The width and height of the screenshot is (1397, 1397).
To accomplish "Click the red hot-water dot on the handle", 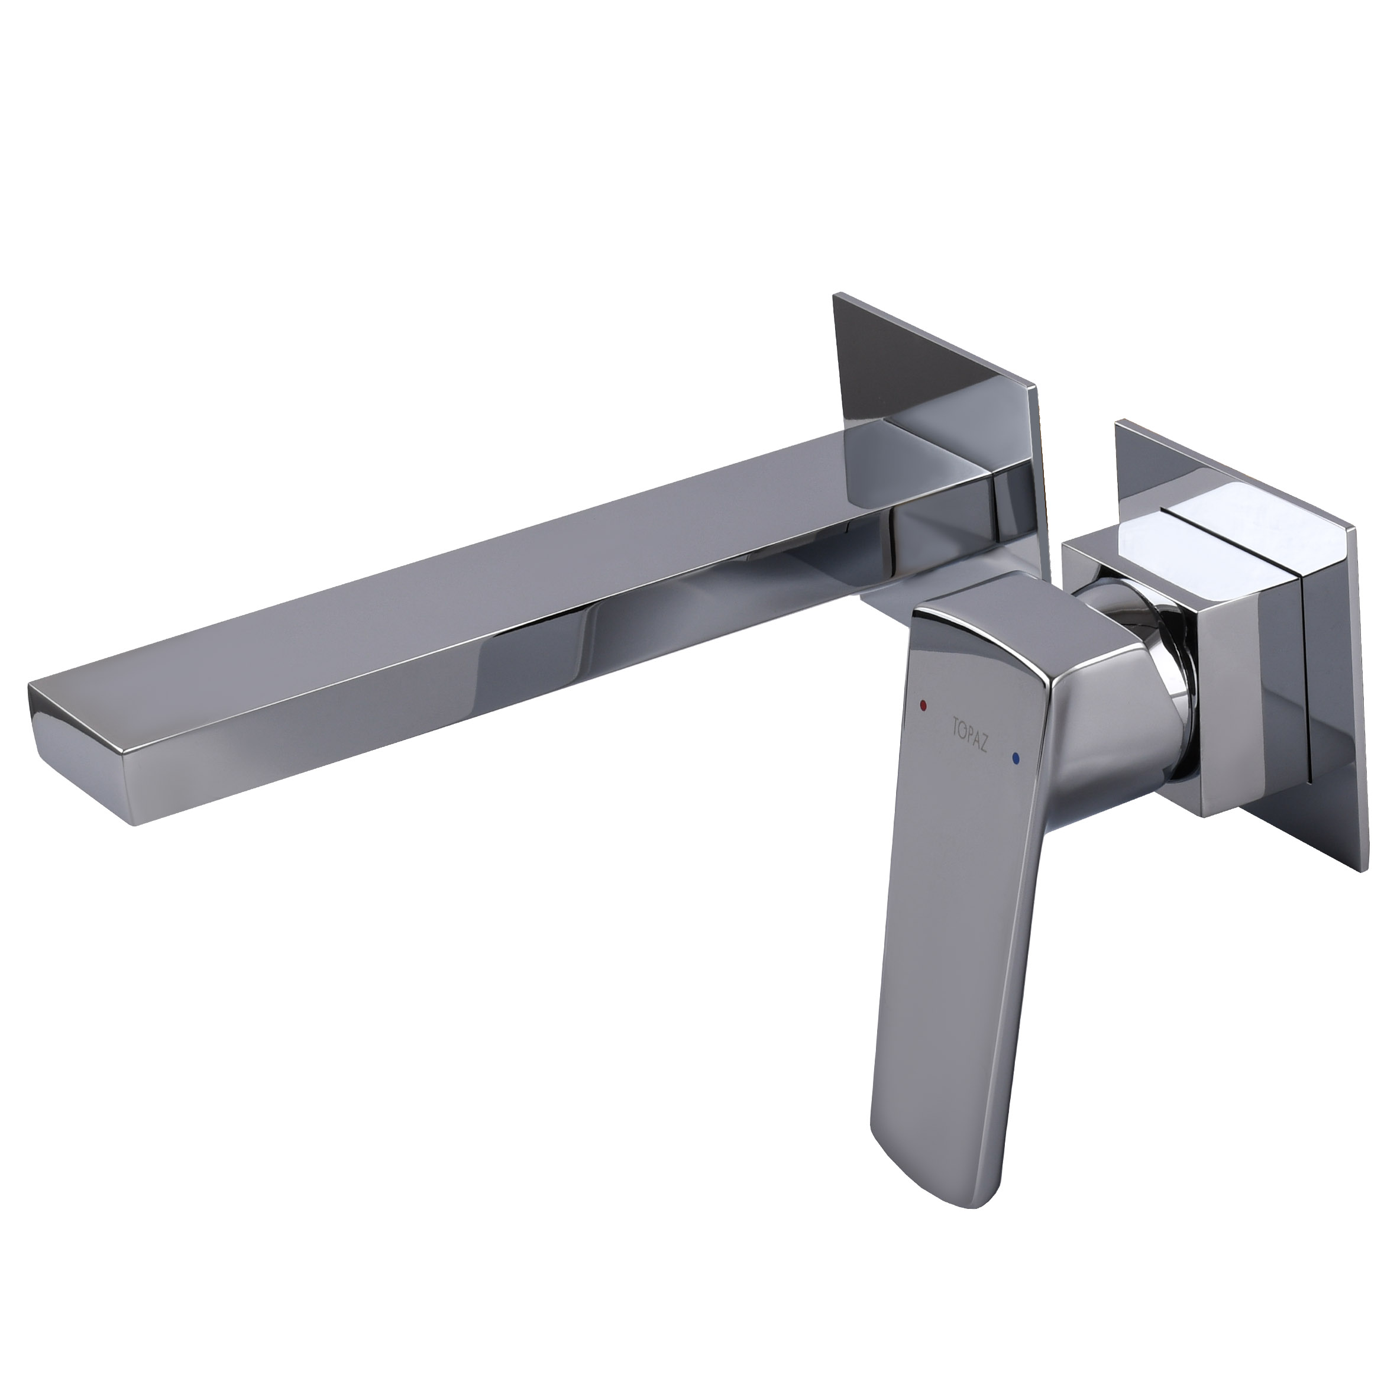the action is pos(923,704).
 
